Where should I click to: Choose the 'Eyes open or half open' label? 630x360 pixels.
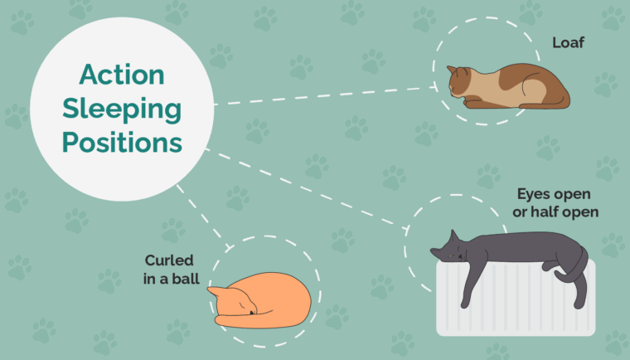pyautogui.click(x=556, y=203)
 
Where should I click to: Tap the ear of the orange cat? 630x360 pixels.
pyautogui.click(x=213, y=292)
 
